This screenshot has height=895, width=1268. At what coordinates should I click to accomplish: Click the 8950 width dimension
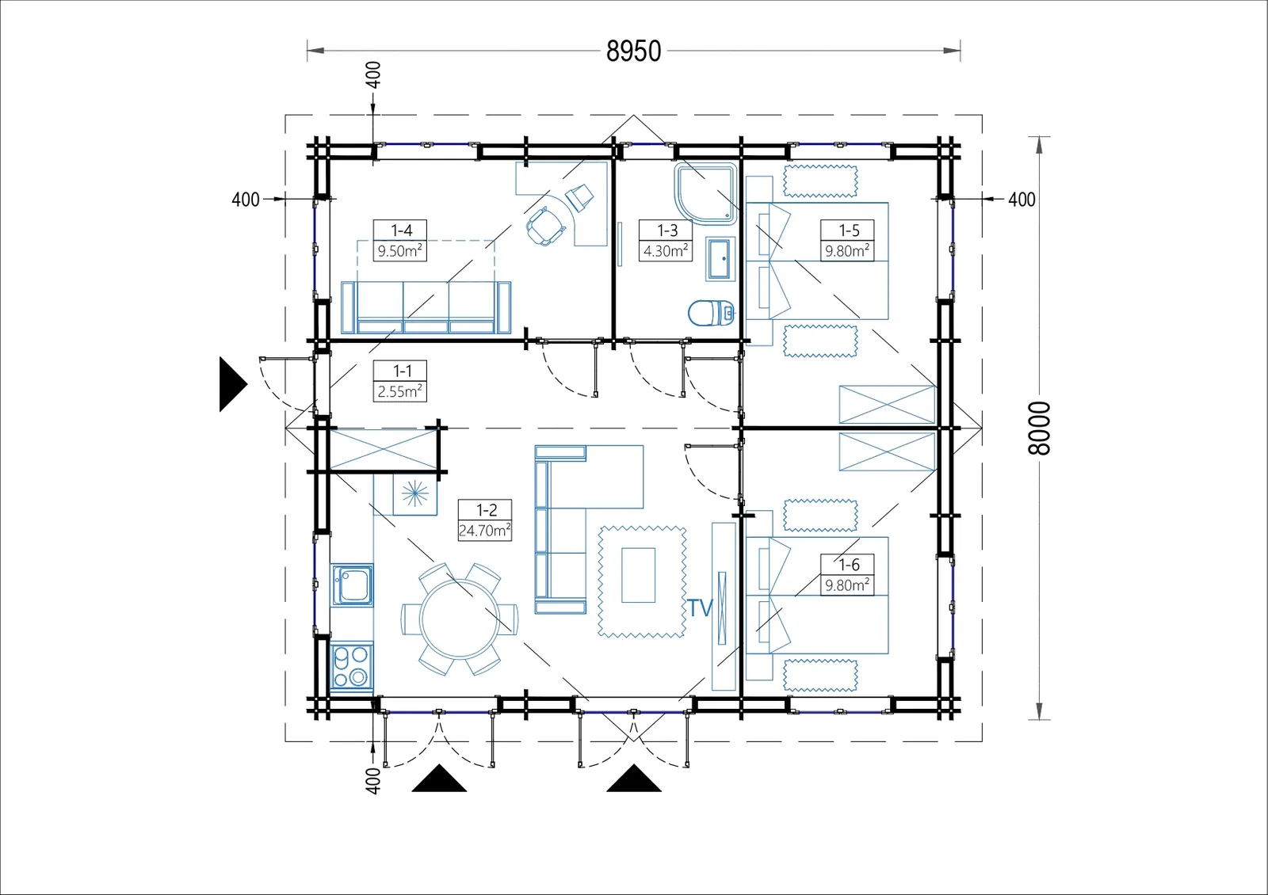(x=633, y=51)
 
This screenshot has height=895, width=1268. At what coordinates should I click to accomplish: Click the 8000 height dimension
(x=1039, y=428)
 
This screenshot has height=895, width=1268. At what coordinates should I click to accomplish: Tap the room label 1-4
(x=401, y=230)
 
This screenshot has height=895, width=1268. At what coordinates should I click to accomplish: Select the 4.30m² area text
(x=666, y=250)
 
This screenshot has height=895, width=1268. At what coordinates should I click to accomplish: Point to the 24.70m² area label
(x=485, y=531)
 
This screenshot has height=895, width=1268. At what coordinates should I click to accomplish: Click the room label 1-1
(x=402, y=371)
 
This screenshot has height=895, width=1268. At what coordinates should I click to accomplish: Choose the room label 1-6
(x=849, y=565)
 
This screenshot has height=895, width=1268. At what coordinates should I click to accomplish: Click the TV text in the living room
(x=700, y=608)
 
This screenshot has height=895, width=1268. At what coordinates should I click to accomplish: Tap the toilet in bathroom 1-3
(x=711, y=313)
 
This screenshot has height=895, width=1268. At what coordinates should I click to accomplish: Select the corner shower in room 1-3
(x=705, y=193)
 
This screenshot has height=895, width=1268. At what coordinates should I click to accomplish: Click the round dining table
(x=460, y=619)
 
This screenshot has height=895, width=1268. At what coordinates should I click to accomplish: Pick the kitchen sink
(x=352, y=585)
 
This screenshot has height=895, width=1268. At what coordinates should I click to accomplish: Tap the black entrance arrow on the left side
(x=233, y=384)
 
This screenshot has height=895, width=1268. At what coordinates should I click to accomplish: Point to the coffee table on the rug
(x=639, y=575)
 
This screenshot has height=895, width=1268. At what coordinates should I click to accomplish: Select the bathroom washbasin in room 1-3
(x=720, y=259)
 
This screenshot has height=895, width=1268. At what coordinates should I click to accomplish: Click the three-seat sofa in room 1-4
(x=426, y=307)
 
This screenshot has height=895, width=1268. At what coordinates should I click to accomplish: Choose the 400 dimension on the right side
(x=1022, y=200)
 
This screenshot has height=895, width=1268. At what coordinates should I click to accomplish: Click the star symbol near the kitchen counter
(x=415, y=494)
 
